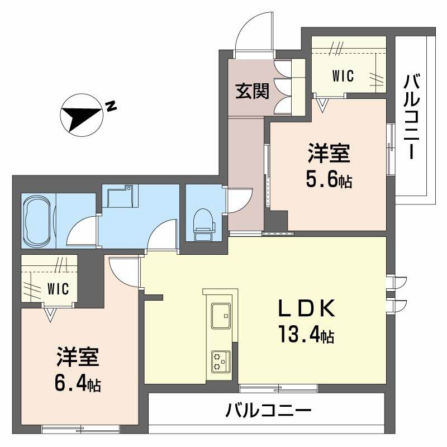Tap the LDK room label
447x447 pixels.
[306, 308]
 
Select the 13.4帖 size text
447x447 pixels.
[306, 334]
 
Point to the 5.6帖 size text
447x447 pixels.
[329, 179]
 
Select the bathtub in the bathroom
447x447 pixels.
[37, 220]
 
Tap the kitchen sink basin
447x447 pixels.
[221, 316]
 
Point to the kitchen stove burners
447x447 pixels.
[221, 362]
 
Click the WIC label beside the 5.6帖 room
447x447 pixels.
[343, 76]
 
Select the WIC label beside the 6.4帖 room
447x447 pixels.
[58, 289]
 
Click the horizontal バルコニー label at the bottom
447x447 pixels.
[268, 411]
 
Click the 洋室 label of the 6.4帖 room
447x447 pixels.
[78, 357]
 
